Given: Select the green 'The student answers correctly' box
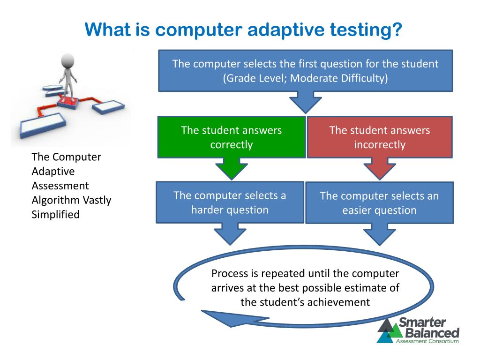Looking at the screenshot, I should (x=231, y=137).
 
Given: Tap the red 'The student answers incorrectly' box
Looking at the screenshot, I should (x=379, y=137).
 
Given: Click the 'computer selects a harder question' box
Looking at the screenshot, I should (x=230, y=202).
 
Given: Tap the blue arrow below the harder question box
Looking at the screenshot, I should (x=230, y=233).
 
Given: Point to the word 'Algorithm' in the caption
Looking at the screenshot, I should (x=51, y=200).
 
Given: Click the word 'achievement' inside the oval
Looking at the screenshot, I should (x=339, y=302).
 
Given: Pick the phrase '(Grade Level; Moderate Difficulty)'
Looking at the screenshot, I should (x=306, y=78).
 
